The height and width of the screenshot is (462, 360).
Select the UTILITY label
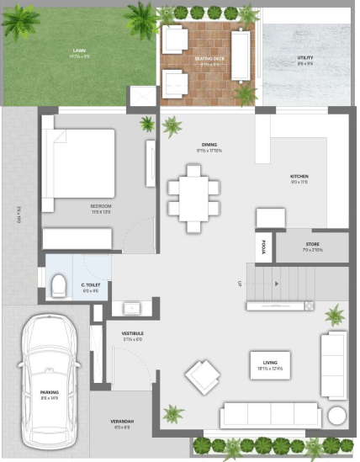click(x=304, y=59)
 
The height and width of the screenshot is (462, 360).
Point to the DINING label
click(x=209, y=145)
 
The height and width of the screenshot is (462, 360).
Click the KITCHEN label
click(x=299, y=177)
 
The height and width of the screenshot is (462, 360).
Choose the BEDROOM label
click(x=102, y=206)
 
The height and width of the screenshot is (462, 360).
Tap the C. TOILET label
click(x=93, y=285)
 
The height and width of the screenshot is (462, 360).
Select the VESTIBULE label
click(x=132, y=334)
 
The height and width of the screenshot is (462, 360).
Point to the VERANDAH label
click(x=124, y=422)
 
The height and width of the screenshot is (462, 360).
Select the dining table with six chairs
click(x=194, y=199)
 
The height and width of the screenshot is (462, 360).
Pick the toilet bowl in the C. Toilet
click(x=59, y=285)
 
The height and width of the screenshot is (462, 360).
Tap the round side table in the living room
click(x=336, y=417)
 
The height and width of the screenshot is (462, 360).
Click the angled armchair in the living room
click(x=204, y=376)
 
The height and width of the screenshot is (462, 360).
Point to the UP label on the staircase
click(x=241, y=284)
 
